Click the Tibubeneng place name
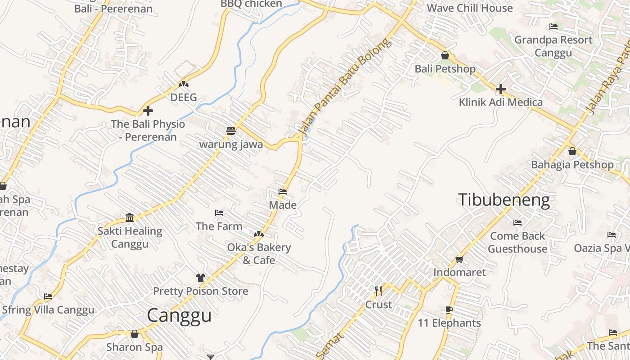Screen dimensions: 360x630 pos(504,200)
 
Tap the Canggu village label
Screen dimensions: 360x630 pos(179,315)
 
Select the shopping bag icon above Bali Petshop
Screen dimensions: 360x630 pos(445,56)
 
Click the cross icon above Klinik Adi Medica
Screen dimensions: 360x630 pos(500,89)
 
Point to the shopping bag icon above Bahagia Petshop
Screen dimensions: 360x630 pos(572,152)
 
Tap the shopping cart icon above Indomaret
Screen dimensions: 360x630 pos(459,259)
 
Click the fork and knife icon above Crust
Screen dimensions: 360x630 pos(378,291)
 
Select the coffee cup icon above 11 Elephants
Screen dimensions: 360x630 pos(449,310)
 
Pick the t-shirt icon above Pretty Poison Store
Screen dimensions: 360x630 pos(200,278)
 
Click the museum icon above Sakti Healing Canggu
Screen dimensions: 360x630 pos(130,218)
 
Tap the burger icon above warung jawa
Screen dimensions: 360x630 pos(231,131)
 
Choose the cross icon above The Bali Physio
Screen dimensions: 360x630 pos(148,111)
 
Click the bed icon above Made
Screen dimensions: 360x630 pos(283,192)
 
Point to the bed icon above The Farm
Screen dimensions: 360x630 pos(219,212)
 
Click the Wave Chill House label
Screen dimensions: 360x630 pos(469,8)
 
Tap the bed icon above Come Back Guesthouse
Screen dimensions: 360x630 pos(517,222)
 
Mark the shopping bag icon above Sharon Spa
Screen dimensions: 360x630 pos(134,334)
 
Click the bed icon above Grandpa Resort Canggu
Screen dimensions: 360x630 pos(553,27)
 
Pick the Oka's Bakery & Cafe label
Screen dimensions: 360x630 pos(259,254)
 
